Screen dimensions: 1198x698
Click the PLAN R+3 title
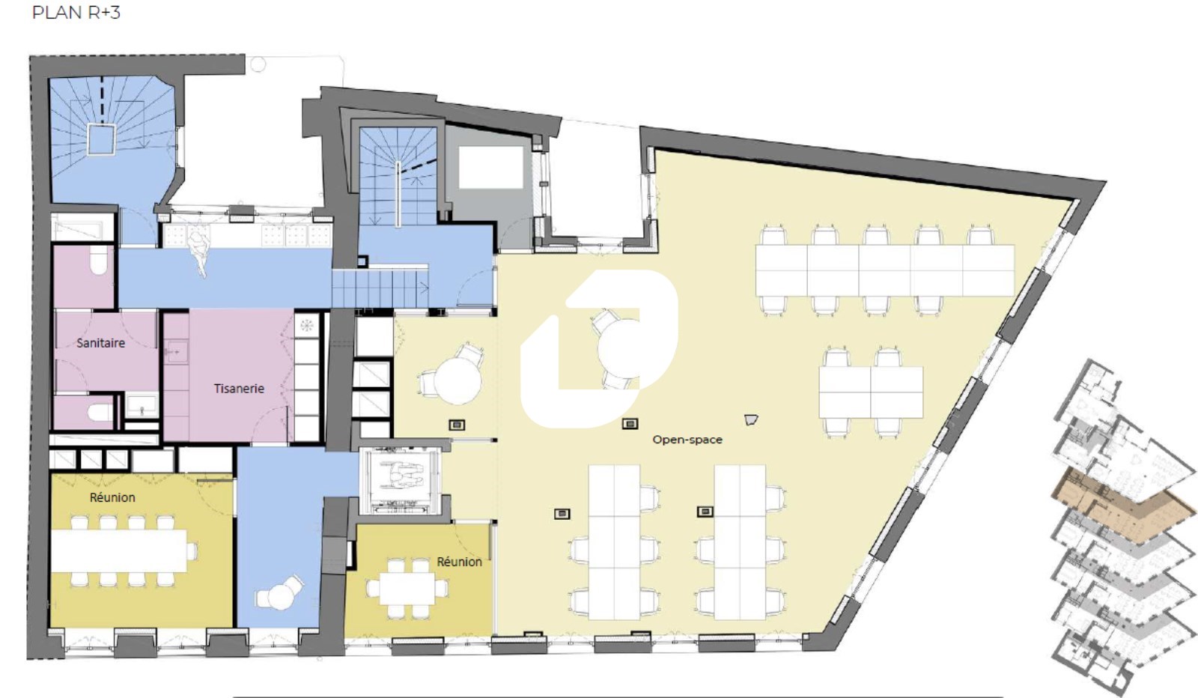76,12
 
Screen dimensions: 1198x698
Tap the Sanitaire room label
100,343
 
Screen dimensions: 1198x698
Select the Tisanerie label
239,388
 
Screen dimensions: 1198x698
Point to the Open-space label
687,440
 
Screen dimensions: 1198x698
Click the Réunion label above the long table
112,497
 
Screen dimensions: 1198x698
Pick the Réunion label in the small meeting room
460,562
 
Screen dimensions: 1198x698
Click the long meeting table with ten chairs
119,551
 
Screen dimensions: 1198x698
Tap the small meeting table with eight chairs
407,589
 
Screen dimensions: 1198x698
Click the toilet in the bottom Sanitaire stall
100,413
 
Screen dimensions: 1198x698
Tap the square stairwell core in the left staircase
101,139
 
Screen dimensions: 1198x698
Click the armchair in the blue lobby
280,593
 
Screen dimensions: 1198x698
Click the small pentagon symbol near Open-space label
751,420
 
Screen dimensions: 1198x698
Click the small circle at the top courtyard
258,64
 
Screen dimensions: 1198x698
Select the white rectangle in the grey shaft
490,167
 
